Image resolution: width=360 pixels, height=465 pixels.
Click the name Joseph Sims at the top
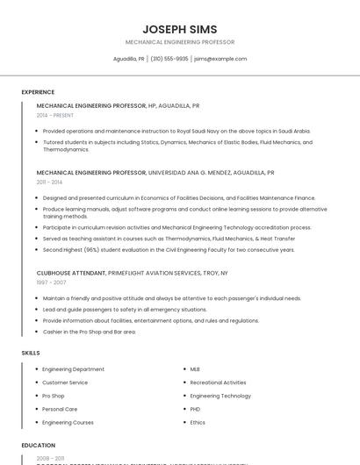(180, 29)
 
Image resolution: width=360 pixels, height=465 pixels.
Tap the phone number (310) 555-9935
(169, 59)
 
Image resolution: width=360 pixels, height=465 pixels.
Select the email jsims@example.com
(220, 59)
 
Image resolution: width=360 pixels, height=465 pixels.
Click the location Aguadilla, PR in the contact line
(129, 59)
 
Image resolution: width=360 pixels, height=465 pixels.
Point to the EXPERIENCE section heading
(38, 92)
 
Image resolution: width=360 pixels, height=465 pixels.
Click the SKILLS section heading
(31, 353)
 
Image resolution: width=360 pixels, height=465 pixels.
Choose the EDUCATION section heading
(39, 445)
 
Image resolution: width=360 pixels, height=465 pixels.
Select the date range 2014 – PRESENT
(55, 115)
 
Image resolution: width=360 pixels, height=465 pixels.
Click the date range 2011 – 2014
(49, 182)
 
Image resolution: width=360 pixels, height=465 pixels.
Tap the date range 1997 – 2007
(51, 283)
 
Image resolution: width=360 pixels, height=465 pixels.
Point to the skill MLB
(195, 369)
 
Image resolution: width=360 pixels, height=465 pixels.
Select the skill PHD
(196, 409)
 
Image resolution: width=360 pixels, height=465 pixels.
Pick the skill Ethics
(198, 422)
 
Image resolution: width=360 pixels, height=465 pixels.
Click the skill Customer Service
(65, 383)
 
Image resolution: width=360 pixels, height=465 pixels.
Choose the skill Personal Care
(60, 409)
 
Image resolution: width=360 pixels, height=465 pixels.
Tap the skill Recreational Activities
(218, 383)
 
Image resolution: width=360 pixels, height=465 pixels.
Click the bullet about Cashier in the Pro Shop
(89, 332)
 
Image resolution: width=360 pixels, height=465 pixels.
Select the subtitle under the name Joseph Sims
(180, 42)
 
